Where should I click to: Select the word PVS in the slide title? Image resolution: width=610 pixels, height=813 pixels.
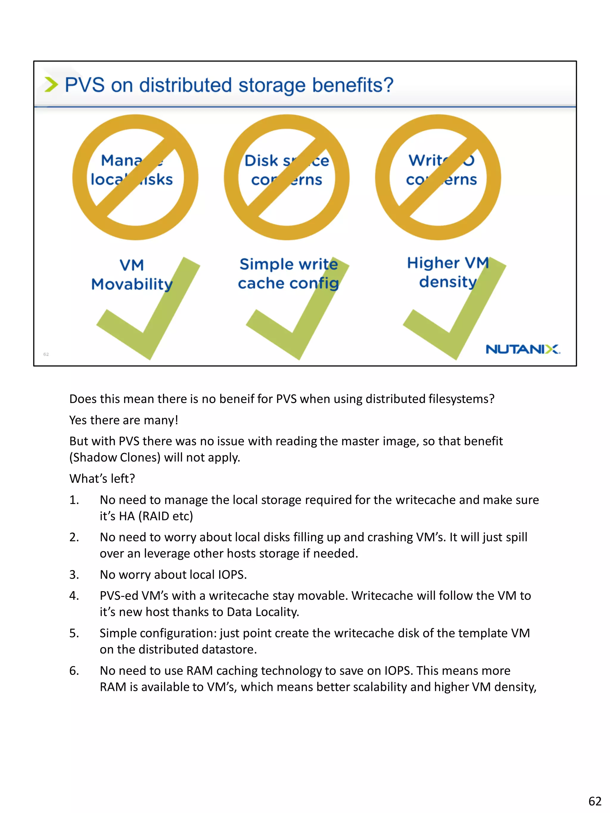85,85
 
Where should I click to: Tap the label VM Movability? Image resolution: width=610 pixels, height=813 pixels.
132,274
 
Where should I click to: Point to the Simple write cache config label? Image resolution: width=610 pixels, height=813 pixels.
288,274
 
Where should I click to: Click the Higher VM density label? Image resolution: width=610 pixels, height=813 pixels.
448,272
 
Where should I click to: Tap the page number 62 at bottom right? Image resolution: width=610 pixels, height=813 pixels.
595,800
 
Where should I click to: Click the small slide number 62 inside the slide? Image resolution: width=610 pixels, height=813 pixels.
46,354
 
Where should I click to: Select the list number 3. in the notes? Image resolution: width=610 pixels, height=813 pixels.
74,575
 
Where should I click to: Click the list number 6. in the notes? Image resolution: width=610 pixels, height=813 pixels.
74,670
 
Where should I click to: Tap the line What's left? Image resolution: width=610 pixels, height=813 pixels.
102,478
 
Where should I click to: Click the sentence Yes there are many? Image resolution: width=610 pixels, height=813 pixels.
124,420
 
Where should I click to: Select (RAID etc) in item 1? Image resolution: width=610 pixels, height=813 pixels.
166,516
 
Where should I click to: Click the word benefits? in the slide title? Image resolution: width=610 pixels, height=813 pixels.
353,85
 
